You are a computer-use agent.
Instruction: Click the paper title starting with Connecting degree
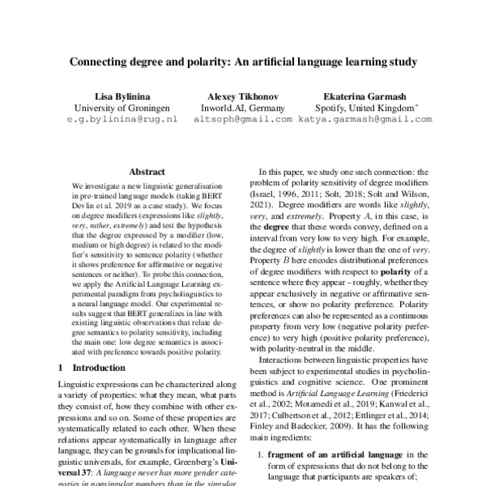click(242, 61)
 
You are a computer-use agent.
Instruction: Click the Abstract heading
click(147, 172)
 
